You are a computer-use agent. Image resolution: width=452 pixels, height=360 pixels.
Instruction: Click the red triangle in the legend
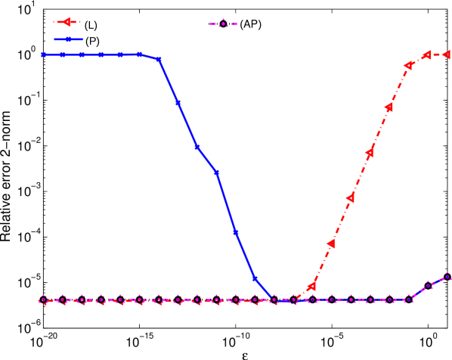pos(67,22)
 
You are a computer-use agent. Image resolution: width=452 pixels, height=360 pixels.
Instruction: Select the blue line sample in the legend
pos(68,39)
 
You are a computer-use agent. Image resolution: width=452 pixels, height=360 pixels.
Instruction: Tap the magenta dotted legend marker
pos(223,23)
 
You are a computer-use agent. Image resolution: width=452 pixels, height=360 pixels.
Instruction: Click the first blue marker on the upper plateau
pos(44,54)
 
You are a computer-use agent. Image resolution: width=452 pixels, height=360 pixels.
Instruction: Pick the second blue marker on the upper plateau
pos(63,54)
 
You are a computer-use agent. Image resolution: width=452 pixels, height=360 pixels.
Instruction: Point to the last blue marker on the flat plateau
pos(140,54)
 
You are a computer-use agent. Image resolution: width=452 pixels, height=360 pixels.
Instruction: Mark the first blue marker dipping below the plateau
pos(159,59)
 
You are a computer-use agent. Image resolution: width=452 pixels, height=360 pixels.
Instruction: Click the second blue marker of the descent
pos(178,102)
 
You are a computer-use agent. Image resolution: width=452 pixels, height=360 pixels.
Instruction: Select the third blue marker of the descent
pos(197,147)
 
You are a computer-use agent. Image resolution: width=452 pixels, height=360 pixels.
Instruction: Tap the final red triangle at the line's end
pos(447,54)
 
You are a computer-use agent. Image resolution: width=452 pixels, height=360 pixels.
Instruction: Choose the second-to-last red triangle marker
pos(427,54)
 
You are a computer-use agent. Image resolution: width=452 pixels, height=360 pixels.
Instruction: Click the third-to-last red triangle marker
pos(408,65)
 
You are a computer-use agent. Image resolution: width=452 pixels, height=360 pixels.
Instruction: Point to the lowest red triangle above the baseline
pos(311,287)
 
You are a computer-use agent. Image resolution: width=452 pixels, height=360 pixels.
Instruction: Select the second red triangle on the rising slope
pos(331,244)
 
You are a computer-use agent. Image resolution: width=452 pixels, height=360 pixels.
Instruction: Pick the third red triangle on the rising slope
pos(351,198)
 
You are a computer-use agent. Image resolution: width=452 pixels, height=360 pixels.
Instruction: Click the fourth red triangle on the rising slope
pos(370,153)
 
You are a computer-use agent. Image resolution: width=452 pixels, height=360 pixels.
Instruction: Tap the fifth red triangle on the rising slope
pos(389,107)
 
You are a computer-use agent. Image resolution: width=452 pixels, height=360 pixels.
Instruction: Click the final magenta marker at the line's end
pos(447,276)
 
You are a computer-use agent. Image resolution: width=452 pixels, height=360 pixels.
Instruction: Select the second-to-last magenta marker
pos(429,285)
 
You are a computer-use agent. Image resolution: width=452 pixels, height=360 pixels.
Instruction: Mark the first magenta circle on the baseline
pos(44,300)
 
